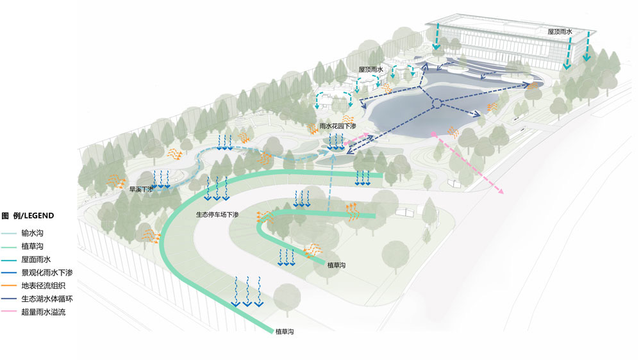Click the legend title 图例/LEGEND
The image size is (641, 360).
pos(28,215)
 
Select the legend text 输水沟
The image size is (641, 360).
pos(31,234)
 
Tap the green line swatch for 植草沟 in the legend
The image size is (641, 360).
pos(9,247)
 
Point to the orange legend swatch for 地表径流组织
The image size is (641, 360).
pos(9,286)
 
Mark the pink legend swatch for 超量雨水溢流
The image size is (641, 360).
pos(9,312)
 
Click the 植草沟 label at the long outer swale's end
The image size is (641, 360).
pos(284,331)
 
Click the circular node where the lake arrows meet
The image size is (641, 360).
pos(435,103)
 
